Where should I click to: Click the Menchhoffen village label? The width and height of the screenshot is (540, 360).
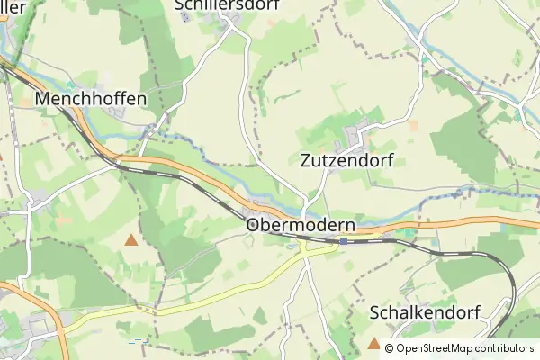click(x=91, y=98)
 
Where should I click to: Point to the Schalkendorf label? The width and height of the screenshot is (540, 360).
click(x=426, y=312)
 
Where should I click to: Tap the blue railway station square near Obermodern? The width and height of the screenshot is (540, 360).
click(x=344, y=240)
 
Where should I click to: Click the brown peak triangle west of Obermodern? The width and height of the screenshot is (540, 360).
click(x=132, y=239)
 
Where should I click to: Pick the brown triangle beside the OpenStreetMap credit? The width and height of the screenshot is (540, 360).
click(x=374, y=343)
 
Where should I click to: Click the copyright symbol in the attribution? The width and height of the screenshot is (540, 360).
click(x=390, y=348)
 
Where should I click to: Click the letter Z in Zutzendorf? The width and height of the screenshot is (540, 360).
click(x=302, y=161)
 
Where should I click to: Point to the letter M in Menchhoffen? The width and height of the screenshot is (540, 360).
click(x=43, y=98)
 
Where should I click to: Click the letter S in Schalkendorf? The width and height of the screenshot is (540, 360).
click(x=375, y=312)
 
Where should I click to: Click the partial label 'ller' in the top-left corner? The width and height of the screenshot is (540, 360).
click(x=13, y=6)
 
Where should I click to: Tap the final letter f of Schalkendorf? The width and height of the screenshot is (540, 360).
click(x=478, y=312)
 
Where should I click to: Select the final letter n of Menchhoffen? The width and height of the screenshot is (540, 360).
click(x=140, y=98)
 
